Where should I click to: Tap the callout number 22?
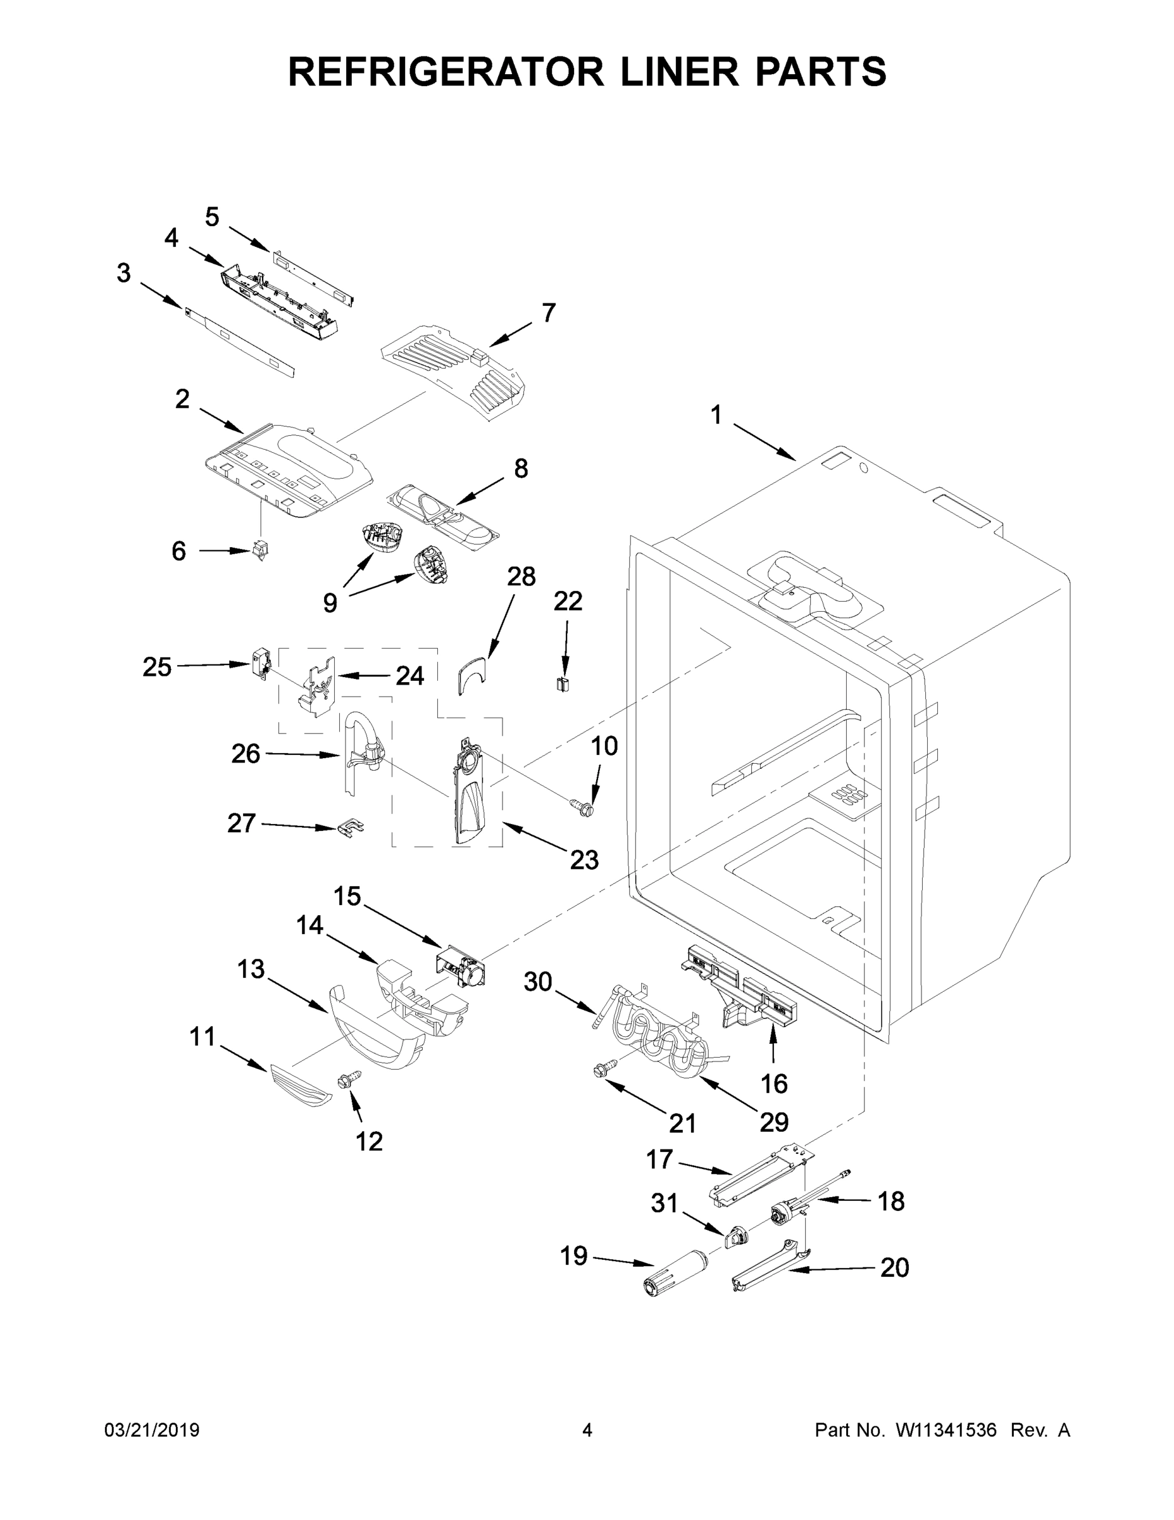568,601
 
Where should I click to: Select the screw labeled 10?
582,807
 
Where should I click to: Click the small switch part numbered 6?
260,551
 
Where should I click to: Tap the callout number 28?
521,576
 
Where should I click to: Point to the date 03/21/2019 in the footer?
152,1430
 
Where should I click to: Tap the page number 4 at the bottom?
587,1430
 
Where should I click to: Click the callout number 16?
773,1084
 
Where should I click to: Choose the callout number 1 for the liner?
716,415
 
